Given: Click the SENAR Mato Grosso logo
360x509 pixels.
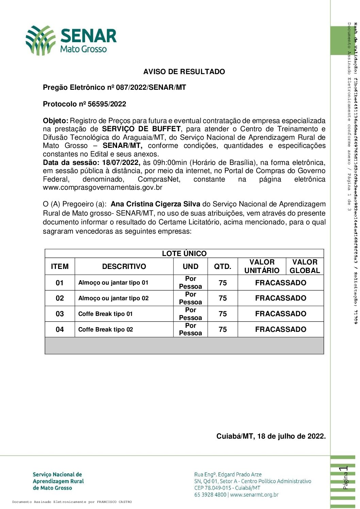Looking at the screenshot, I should tap(71, 40).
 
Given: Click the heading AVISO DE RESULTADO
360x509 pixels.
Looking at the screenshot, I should tap(184, 72).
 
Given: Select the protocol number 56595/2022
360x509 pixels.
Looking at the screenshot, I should tap(107, 104).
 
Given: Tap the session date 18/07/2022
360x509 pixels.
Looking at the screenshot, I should tap(121, 163).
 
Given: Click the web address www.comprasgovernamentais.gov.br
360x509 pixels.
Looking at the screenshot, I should tap(102, 187).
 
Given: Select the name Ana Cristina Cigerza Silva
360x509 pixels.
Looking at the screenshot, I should tap(156, 204).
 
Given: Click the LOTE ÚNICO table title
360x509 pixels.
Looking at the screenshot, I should tap(184, 253).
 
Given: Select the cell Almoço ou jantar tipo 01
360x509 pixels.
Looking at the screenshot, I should tap(113, 283).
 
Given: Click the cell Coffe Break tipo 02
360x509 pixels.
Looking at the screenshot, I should tap(105, 329).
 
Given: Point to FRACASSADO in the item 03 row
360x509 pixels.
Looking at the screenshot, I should tap(280, 314).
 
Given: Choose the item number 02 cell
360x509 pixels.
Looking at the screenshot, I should tap(60, 298).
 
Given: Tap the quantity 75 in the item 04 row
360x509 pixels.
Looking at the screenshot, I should tap(223, 329).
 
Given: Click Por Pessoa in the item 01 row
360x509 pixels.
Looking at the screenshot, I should tap(191, 283).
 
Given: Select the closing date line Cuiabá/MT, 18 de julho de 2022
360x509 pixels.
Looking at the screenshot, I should tap(271, 436).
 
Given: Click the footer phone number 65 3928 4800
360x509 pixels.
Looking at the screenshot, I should tap(210, 495).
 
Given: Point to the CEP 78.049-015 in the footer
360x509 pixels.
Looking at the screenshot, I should tap(213, 488).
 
